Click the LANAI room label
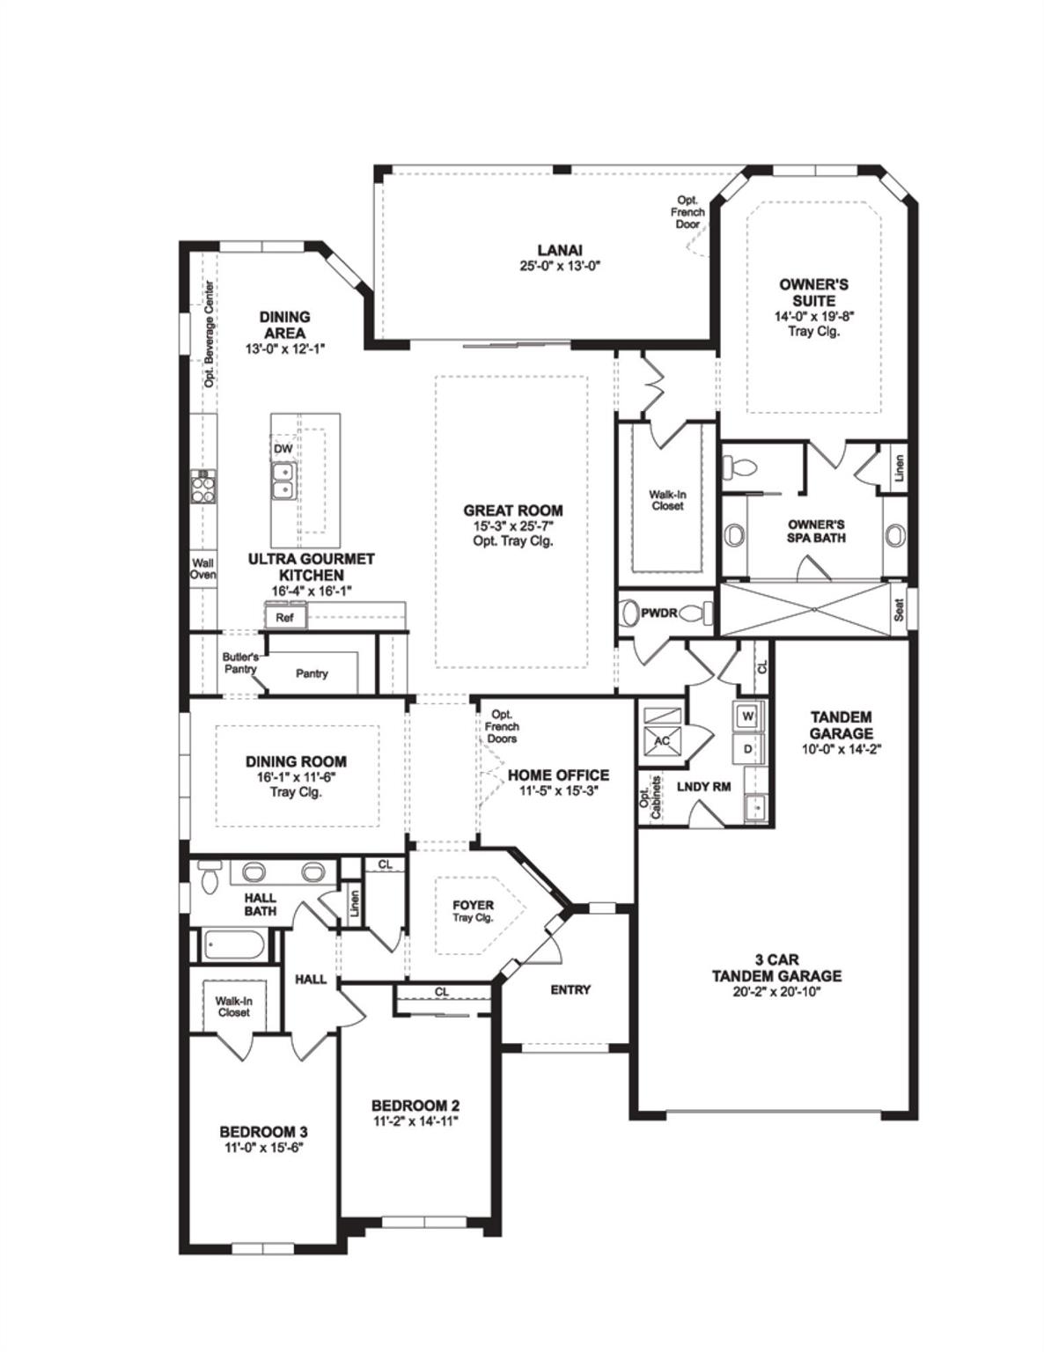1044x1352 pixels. [559, 250]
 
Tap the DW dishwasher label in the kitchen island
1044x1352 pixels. [283, 448]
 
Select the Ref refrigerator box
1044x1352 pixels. [285, 617]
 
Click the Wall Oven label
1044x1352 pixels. [202, 569]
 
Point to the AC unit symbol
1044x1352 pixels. [662, 741]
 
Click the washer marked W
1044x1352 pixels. [748, 716]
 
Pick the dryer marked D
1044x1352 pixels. [748, 750]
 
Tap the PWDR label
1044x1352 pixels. [659, 613]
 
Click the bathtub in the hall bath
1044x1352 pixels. [236, 944]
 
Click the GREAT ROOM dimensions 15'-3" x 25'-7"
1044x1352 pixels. [512, 526]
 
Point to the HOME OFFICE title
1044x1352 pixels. [558, 775]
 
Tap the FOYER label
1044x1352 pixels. [473, 905]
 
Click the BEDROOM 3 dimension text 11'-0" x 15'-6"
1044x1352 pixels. [263, 1147]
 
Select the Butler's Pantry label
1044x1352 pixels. [240, 663]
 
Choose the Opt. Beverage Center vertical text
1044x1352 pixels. [210, 334]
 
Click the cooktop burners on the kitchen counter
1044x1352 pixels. [204, 486]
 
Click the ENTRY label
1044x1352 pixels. [570, 989]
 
